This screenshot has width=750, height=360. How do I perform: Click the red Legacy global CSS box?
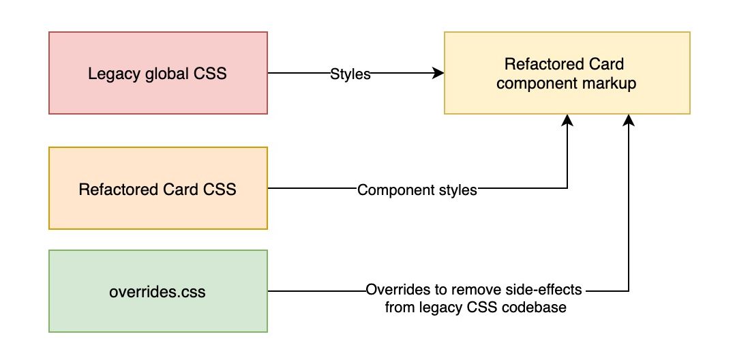coord(158,73)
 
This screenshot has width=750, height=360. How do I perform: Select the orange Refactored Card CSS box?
coord(158,189)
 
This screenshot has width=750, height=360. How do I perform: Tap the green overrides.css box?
coord(158,292)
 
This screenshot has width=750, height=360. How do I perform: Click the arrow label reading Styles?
coord(350,74)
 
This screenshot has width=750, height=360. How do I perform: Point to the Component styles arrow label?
coord(417,190)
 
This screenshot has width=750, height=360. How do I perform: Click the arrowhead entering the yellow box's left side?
coord(440,73)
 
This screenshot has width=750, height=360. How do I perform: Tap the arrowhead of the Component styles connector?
coord(567,119)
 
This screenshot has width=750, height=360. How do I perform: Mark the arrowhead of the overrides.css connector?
coord(629,119)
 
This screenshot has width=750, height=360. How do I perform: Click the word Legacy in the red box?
coord(111,74)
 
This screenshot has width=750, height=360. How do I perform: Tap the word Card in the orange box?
coord(179,189)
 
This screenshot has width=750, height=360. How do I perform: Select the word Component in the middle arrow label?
coord(389,190)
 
